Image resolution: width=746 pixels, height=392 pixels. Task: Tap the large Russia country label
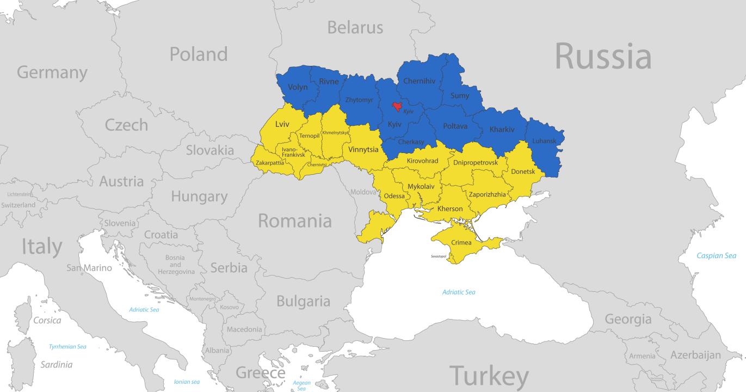[x=602, y=56]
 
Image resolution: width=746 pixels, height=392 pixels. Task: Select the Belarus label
[x=355, y=27]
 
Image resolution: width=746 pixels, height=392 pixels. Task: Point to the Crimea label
[x=461, y=242]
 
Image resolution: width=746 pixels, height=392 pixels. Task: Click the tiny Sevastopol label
[x=438, y=256]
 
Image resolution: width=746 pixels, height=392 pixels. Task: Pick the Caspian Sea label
[x=717, y=255]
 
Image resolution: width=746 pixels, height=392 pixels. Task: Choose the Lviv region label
[x=282, y=124]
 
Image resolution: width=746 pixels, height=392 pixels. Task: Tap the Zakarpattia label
[x=269, y=162]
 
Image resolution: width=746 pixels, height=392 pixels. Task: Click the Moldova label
[x=363, y=192]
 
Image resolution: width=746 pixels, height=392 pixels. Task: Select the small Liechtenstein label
[x=20, y=194]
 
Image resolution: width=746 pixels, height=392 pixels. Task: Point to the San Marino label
[x=89, y=268]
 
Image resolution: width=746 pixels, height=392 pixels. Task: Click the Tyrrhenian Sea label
[x=67, y=346]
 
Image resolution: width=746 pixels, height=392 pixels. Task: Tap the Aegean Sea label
[x=301, y=385]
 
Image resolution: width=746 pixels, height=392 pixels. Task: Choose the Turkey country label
[x=489, y=376]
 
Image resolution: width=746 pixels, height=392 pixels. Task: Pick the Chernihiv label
[x=419, y=81]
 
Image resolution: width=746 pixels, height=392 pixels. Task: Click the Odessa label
[x=394, y=196]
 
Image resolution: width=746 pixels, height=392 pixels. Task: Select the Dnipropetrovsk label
[x=475, y=162]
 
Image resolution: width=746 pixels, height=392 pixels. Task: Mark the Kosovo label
[x=229, y=307]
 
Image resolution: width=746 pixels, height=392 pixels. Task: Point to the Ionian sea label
[x=187, y=382]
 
